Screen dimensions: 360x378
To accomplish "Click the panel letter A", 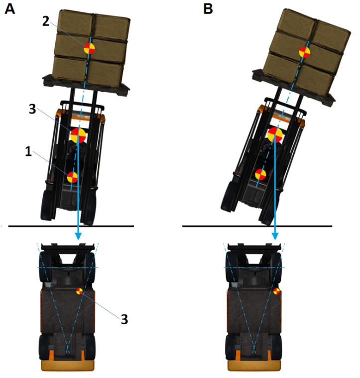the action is (x=10, y=9).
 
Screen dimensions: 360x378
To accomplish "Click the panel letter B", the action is (x=208, y=9).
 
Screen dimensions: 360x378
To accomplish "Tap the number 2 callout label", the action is (x=46, y=21).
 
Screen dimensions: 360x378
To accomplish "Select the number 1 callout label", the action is (x=28, y=151).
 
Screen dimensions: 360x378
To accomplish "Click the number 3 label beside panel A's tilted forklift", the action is (x=32, y=109).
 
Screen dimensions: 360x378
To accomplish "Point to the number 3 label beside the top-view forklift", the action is (x=124, y=319).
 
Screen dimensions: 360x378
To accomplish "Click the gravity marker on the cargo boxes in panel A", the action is (x=89, y=48).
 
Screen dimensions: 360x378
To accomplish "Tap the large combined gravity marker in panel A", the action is (x=78, y=135).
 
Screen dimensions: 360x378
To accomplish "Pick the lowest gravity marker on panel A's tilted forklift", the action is (x=72, y=177).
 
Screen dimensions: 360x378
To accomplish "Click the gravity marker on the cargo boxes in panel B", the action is (x=305, y=52).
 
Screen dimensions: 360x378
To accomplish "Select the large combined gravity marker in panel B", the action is (x=275, y=135).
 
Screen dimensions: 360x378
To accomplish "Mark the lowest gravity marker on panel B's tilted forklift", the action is (x=260, y=174).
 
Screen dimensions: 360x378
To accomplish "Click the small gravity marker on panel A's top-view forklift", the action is (x=80, y=291).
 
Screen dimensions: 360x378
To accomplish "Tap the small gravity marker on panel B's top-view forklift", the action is (x=276, y=291).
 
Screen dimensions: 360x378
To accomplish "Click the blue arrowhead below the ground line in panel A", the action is (x=78, y=236).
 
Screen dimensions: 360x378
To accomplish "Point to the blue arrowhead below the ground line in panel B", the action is (x=275, y=236).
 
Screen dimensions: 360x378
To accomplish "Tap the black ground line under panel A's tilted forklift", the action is (x=71, y=226).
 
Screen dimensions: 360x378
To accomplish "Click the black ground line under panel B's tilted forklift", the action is (x=257, y=226).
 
